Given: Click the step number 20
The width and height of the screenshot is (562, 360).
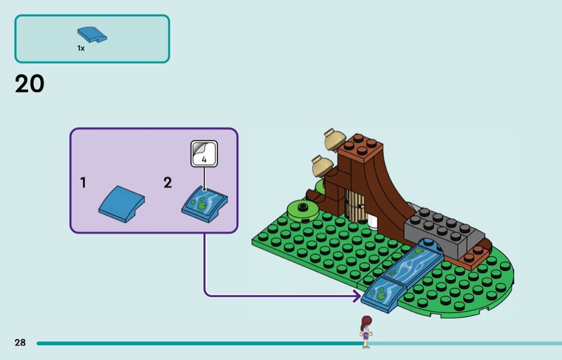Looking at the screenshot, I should pyautogui.click(x=29, y=84).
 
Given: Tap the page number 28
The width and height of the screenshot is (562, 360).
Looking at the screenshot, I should pyautogui.click(x=20, y=342).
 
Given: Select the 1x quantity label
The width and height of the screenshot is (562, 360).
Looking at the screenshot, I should pyautogui.click(x=81, y=48).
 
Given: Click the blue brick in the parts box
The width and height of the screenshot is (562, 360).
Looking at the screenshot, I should pyautogui.click(x=92, y=34).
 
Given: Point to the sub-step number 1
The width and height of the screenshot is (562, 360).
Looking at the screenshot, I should pyautogui.click(x=83, y=183).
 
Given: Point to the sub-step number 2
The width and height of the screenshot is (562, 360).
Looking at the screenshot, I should pyautogui.click(x=168, y=183).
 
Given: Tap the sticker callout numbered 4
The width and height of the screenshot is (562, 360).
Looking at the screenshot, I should pyautogui.click(x=204, y=153).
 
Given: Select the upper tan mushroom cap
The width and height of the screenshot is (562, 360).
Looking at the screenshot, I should pyautogui.click(x=336, y=139).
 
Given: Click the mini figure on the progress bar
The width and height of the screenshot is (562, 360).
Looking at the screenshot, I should pyautogui.click(x=366, y=331).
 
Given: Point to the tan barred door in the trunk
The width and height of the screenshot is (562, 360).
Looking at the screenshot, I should pyautogui.click(x=355, y=206).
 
